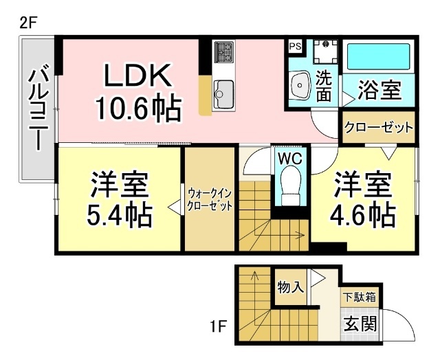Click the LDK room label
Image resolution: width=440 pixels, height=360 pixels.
click(136, 76)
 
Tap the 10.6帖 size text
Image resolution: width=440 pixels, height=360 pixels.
click(137, 108)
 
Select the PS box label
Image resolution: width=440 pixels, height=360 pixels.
click(295, 47)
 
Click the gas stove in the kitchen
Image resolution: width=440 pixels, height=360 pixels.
click(224, 51)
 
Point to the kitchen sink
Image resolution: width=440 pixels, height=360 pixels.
click(223, 89)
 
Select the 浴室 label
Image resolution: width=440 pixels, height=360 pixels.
click(379, 89)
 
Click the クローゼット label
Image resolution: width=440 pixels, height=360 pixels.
click(379, 128)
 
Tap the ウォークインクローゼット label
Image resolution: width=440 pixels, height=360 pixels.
click(209, 199)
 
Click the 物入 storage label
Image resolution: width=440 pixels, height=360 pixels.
click(290, 286)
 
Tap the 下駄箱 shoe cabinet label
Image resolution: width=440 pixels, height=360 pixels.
click(359, 298)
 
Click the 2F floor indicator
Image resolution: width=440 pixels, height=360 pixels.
click(27, 21)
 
